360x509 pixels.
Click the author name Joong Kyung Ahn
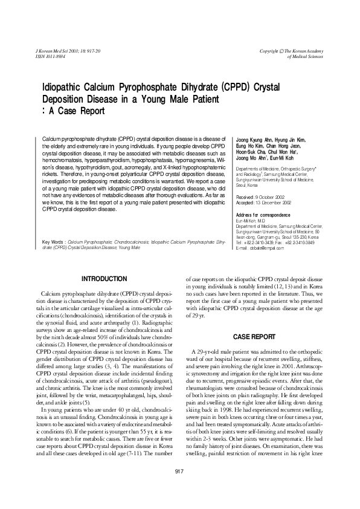tap(257, 140)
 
